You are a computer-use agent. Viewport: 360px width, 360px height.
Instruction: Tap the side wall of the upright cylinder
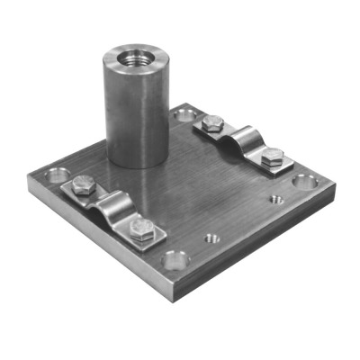[134, 117]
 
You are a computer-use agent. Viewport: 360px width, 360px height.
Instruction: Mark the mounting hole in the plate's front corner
[175, 261]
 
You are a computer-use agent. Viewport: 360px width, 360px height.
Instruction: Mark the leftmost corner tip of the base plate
[29, 180]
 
